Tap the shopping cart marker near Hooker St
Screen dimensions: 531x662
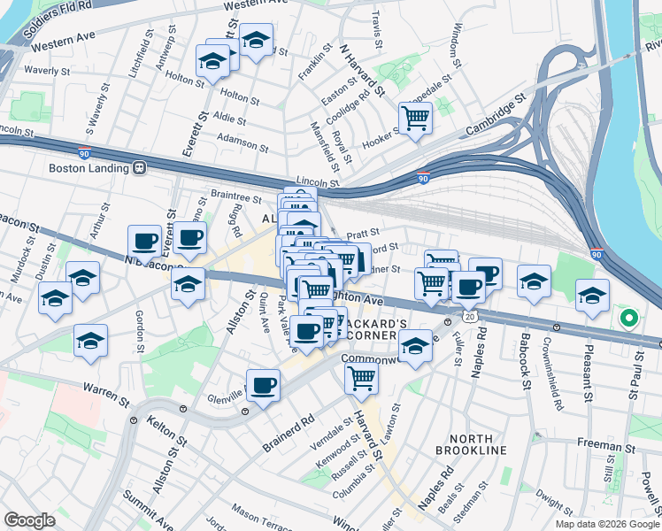click(x=415, y=116)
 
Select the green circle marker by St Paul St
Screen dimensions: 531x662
click(x=629, y=319)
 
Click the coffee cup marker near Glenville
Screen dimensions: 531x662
click(x=263, y=386)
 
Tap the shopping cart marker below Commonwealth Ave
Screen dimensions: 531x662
click(x=361, y=377)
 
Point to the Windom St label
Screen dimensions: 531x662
click(x=457, y=46)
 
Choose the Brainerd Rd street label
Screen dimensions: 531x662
click(x=289, y=434)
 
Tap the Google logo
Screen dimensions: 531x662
click(x=30, y=520)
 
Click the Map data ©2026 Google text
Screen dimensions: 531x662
click(x=606, y=524)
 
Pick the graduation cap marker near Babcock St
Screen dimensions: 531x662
click(x=533, y=282)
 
